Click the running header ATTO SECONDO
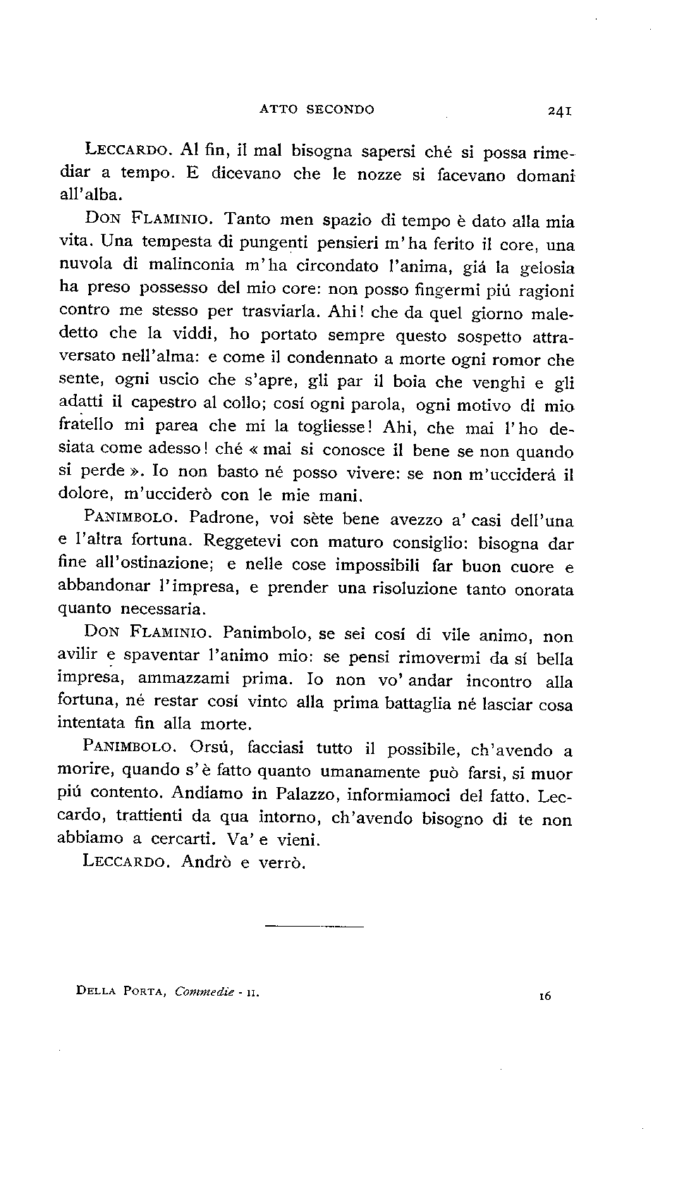tap(317, 109)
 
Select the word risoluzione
tap(408, 588)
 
